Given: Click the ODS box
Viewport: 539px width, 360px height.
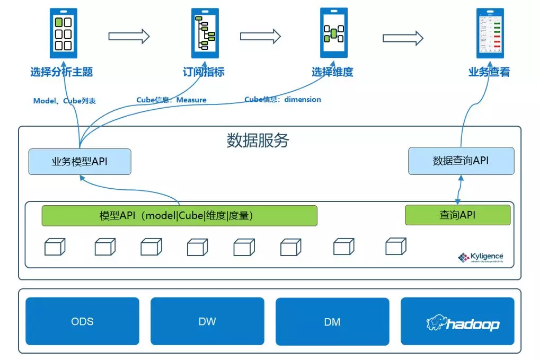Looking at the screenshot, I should (82, 321).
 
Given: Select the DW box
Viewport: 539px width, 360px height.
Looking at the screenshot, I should (207, 321).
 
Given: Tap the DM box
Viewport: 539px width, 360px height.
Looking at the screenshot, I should (332, 321).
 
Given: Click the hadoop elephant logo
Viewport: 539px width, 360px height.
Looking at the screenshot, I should (436, 323).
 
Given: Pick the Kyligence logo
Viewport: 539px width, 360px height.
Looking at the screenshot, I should (481, 258).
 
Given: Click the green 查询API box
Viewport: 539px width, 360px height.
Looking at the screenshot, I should (457, 215).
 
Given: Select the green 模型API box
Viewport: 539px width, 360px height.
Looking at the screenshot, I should (179, 216).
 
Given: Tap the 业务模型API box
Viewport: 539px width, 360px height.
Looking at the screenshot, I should (79, 161).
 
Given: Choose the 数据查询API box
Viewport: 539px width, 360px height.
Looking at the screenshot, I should (461, 161).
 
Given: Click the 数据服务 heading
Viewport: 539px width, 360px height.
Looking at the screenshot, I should (258, 140).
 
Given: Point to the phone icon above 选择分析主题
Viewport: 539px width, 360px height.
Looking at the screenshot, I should (63, 33).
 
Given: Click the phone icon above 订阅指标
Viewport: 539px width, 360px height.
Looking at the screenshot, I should (204, 33).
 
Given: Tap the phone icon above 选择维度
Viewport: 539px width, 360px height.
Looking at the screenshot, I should (333, 33).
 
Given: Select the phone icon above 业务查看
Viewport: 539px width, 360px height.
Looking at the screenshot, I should (490, 33).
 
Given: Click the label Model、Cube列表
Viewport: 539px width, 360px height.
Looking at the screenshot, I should (65, 101).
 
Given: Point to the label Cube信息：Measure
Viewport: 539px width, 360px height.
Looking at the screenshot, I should (171, 100).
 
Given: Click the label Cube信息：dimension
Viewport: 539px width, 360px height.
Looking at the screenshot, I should (282, 99).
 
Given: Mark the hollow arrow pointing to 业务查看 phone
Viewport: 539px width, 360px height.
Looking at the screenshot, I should (403, 38).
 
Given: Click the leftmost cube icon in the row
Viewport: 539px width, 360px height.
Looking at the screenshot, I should (55, 247).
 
